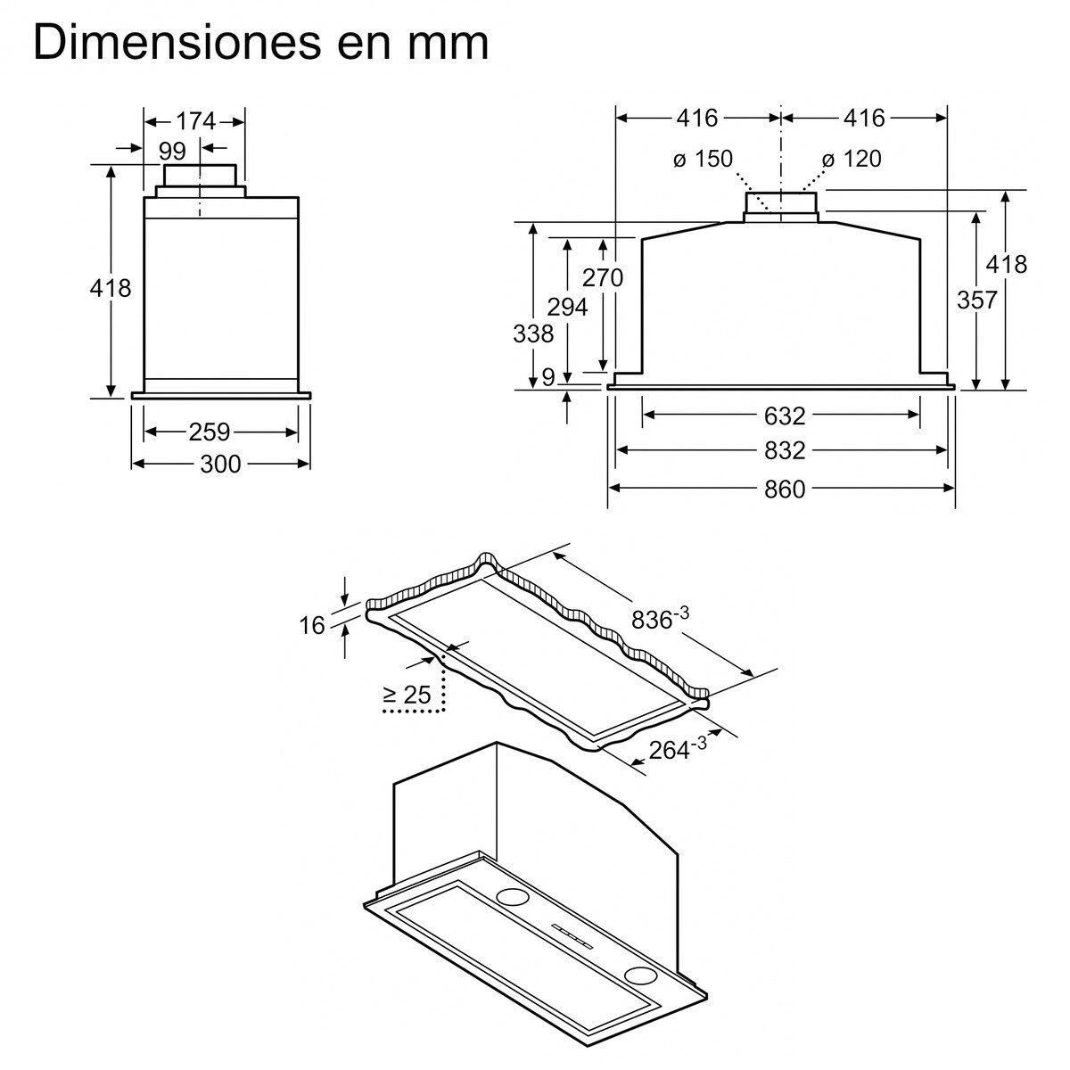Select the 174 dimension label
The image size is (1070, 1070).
[195, 120]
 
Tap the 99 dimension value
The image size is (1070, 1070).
[173, 151]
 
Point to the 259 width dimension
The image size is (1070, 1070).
[210, 432]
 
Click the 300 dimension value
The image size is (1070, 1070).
[220, 464]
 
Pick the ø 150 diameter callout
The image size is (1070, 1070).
[703, 160]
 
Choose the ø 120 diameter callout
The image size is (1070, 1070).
[852, 160]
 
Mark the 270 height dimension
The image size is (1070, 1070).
[603, 277]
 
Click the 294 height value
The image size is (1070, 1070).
[567, 307]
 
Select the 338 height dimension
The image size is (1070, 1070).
[533, 333]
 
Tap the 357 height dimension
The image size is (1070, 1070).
[976, 300]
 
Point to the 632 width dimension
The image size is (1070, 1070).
[785, 416]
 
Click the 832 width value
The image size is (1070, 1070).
[785, 451]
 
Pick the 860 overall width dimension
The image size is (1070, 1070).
[785, 489]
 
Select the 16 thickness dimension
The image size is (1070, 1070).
[312, 625]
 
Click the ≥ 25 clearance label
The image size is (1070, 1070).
[407, 695]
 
